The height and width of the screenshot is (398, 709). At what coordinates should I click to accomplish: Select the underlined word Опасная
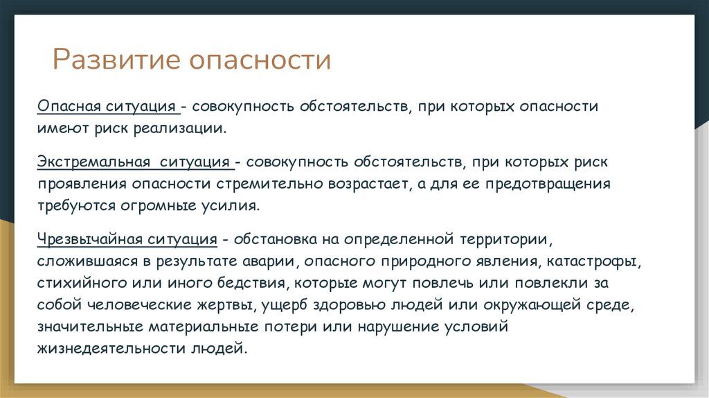[x=70, y=107]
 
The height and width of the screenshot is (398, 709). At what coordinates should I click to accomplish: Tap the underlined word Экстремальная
[x=95, y=162]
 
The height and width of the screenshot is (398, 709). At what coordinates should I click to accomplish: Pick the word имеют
[x=59, y=129]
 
